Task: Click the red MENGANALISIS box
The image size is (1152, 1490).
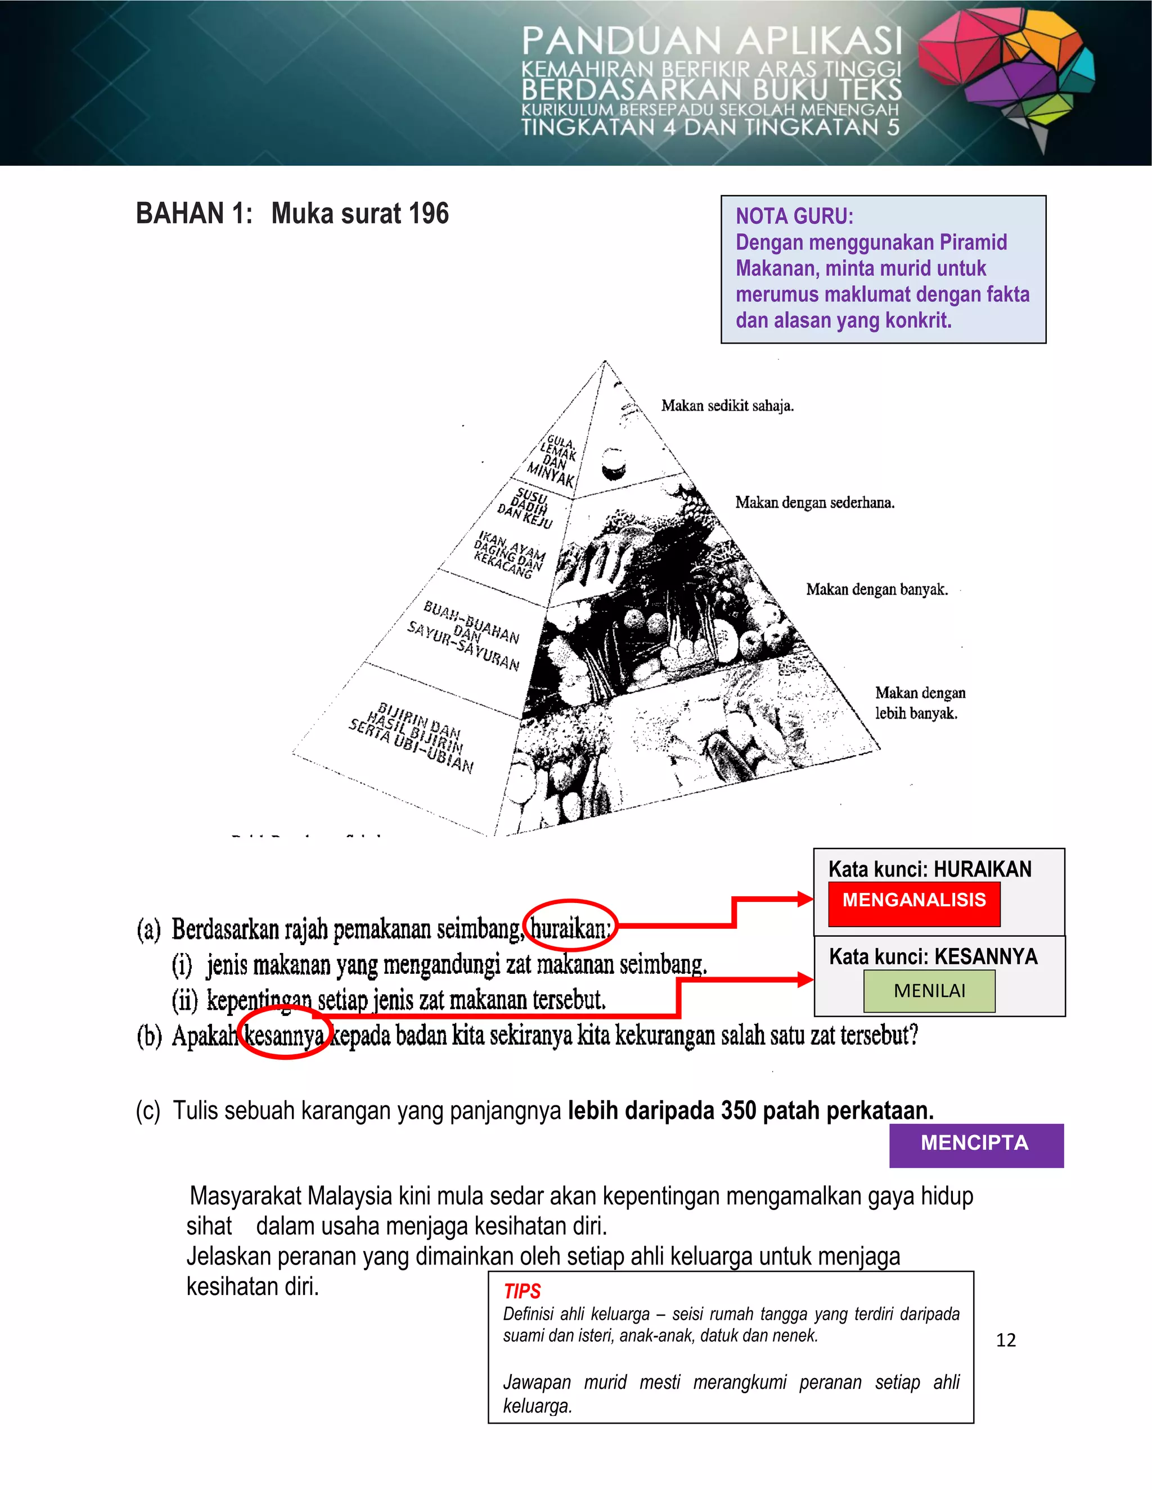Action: pyautogui.click(x=914, y=904)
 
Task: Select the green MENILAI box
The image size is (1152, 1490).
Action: pyautogui.click(x=929, y=991)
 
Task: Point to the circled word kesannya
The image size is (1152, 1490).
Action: pyautogui.click(x=285, y=1036)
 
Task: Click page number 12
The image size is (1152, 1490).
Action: pyautogui.click(x=1005, y=1340)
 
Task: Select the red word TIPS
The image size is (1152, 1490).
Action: pyautogui.click(x=522, y=1291)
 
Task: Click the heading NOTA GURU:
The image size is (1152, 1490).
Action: pyautogui.click(x=794, y=216)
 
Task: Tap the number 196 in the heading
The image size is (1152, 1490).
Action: pyautogui.click(x=428, y=214)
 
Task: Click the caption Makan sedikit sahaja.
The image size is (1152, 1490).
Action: pyautogui.click(x=727, y=406)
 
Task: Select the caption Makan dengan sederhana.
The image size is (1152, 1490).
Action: pyautogui.click(x=814, y=503)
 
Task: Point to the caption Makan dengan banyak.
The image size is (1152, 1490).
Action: pyautogui.click(x=876, y=589)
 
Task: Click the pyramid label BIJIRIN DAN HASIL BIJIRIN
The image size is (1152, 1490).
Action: pyautogui.click(x=412, y=736)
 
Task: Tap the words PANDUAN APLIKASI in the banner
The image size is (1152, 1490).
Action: pyautogui.click(x=711, y=41)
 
